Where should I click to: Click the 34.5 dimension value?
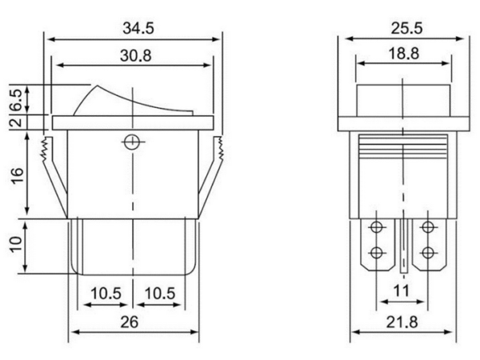pos(138,28)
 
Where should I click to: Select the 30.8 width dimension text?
pos(136,56)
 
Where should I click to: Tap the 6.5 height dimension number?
pos(17,100)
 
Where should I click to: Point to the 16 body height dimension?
pos(17,175)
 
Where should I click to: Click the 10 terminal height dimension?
pos(17,244)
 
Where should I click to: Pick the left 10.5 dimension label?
pos(106,294)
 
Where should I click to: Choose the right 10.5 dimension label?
pos(159,294)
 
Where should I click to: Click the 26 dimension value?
pos(129,322)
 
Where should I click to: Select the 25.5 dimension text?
pos(406,28)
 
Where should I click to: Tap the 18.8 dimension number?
pos(404,54)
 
